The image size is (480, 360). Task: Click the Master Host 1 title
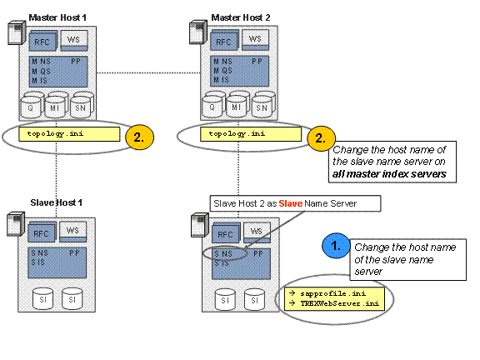[x=57, y=17]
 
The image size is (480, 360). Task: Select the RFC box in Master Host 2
[x=224, y=41]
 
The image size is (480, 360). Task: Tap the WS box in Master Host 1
[x=74, y=40]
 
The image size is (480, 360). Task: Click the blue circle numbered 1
[x=336, y=246]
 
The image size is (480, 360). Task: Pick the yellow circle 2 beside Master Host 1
[x=139, y=137]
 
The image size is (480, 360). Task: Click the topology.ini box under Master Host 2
[x=251, y=134]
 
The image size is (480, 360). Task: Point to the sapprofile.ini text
[x=333, y=293]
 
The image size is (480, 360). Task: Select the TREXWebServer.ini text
[x=340, y=303]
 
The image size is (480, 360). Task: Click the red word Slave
[x=291, y=203]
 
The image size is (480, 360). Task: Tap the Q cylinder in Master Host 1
[x=31, y=107]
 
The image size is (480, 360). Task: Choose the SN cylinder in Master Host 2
[x=262, y=107]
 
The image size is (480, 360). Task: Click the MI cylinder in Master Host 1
[x=55, y=107]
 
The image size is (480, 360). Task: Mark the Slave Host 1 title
[x=57, y=202]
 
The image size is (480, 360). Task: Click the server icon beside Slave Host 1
[x=16, y=224]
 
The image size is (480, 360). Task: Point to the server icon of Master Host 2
[x=198, y=32]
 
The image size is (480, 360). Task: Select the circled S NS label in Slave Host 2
[x=223, y=254]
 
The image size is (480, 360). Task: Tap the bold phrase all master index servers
[x=389, y=174]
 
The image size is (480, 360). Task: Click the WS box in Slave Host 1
[x=72, y=232]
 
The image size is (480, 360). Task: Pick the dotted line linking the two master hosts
[x=148, y=72]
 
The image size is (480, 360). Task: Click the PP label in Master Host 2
[x=257, y=62]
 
